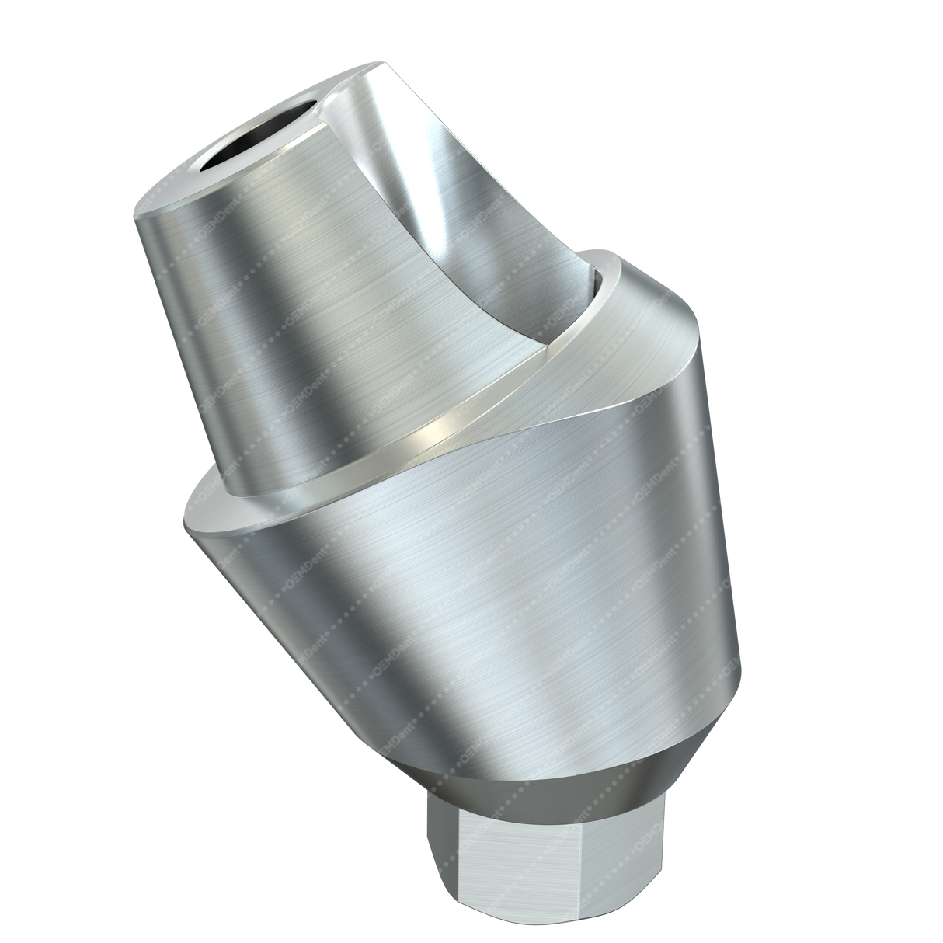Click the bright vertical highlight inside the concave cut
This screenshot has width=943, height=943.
(435, 194)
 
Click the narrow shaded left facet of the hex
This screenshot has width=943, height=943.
(437, 854)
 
